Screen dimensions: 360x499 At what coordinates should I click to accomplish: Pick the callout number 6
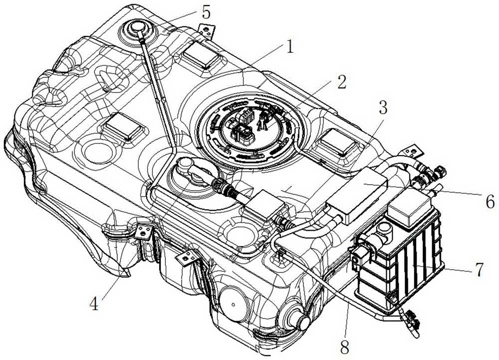pos(489,202)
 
